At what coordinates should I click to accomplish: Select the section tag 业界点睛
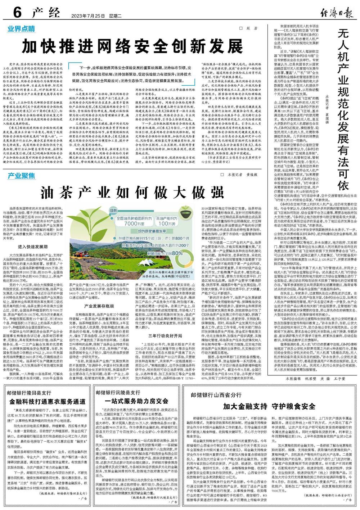[22, 28]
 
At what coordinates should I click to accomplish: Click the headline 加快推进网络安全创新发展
[132, 46]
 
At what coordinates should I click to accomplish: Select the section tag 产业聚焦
[22, 176]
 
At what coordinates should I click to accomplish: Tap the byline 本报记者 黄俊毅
[243, 175]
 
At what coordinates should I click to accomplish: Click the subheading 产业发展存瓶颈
[99, 306]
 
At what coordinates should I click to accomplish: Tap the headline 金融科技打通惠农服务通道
[47, 402]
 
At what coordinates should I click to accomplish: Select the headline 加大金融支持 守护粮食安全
[269, 406]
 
